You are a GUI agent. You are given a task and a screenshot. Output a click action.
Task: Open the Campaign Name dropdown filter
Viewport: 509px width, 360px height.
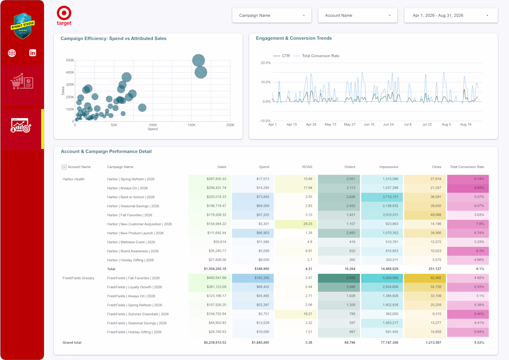[x=272, y=15]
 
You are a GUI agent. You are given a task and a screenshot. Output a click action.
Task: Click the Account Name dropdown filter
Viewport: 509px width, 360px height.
[x=357, y=15]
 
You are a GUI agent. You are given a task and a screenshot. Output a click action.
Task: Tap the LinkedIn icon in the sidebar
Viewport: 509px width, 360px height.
[x=32, y=53]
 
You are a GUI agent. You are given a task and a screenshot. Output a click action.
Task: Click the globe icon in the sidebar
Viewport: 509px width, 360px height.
[x=12, y=53]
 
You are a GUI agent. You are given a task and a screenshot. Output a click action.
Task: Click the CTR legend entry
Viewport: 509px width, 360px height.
[x=281, y=56]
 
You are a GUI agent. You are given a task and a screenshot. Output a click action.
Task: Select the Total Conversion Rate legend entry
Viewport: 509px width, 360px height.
[x=317, y=56]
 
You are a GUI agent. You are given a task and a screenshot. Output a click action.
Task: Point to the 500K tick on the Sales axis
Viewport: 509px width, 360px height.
[x=70, y=60]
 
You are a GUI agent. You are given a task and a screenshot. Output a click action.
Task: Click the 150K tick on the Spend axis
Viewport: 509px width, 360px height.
[x=192, y=125]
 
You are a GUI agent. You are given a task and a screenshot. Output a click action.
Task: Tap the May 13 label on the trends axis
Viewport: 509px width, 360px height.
[x=330, y=124]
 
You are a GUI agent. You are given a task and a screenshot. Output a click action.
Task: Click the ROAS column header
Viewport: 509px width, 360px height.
[x=307, y=167]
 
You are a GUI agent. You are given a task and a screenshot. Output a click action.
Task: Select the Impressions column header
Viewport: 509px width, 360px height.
[x=389, y=167]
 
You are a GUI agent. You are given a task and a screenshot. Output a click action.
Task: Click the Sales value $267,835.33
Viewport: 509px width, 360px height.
[x=216, y=179]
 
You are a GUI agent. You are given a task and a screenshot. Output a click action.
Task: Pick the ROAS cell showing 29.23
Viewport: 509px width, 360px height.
[x=308, y=224]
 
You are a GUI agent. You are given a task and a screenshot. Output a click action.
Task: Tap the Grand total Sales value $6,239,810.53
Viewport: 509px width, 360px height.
[x=215, y=342]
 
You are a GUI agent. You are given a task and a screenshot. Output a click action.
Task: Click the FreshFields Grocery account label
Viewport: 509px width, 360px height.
[x=78, y=278]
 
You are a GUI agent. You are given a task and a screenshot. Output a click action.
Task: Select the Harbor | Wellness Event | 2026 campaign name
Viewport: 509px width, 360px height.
[x=131, y=242]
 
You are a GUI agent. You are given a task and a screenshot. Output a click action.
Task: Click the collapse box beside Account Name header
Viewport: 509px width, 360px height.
[x=64, y=167]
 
